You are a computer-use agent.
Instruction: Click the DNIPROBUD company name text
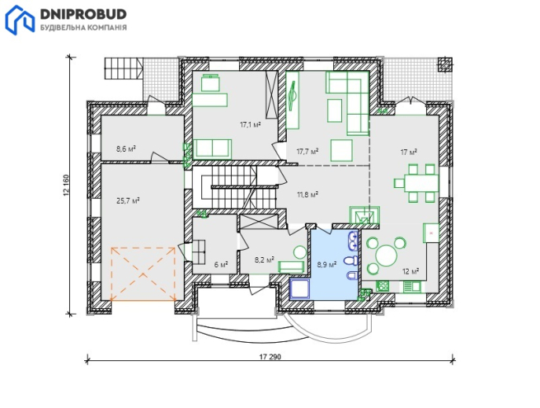coord(84,14)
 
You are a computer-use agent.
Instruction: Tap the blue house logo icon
coord(20,21)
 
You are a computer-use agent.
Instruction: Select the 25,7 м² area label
coord(128,201)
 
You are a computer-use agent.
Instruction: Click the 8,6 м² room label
coord(125,149)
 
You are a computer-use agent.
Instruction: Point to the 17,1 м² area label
coord(250,124)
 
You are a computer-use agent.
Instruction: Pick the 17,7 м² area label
coord(308,151)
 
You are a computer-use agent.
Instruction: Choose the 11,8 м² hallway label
coord(308,195)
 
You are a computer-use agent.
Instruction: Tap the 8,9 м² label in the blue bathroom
coord(326,265)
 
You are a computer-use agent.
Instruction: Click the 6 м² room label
coord(221,265)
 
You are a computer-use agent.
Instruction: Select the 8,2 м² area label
coord(264,260)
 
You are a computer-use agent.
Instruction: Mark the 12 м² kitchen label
coord(411,271)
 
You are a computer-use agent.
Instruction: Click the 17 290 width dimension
coord(270,357)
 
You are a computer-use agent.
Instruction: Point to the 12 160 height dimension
coord(66,185)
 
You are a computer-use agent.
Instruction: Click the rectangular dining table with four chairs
coord(416,183)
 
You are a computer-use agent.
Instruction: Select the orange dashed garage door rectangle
coord(143,274)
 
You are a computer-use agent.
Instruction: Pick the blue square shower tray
coord(300,288)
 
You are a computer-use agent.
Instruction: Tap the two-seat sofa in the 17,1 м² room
coord(212,148)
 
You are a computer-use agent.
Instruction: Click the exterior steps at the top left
coord(124,68)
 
